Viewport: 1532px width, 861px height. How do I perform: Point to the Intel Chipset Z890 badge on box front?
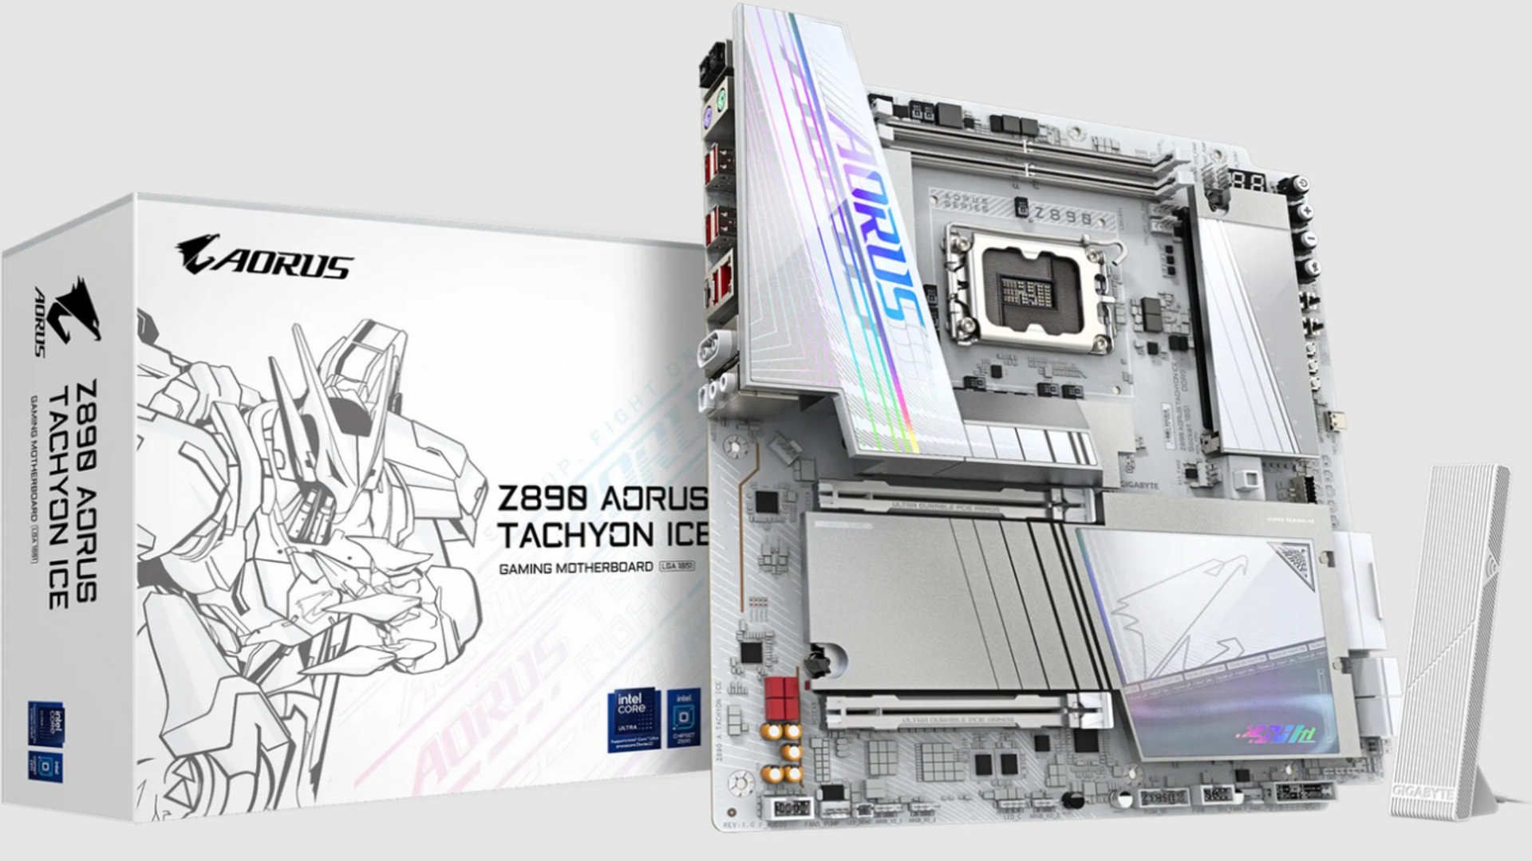684,717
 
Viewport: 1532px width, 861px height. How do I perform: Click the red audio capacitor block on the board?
782,698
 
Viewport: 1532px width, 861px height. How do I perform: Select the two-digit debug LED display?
1248,180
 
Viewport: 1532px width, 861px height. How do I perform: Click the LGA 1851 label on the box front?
677,567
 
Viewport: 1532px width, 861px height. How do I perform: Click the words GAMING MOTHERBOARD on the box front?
576,568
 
